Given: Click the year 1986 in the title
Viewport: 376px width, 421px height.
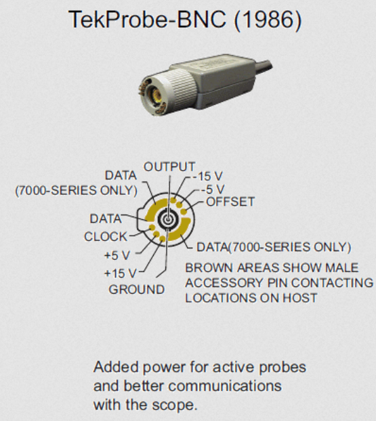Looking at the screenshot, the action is [268, 20].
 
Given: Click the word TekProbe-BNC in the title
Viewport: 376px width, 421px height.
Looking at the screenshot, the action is [147, 20].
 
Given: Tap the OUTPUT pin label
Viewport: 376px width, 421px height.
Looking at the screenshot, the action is [169, 167].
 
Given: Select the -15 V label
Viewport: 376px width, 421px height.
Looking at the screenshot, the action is [207, 177].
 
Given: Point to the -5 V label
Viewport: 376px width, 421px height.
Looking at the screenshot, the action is [213, 190].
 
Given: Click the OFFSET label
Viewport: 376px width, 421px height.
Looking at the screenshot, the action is [230, 202].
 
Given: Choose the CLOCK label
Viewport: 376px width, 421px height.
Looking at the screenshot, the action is [106, 236].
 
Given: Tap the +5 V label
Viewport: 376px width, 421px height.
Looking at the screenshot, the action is [117, 255].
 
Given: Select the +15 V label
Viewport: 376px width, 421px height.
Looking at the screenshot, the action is [120, 273].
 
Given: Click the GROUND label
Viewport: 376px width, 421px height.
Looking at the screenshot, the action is [137, 290].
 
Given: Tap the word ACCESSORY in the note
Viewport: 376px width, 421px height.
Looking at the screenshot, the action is [224, 283].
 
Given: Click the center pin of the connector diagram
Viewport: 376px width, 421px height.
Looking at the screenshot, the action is [168, 219].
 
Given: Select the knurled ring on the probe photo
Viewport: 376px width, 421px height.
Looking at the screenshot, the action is [181, 87].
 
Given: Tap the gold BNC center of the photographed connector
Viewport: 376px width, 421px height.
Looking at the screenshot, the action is [156, 95].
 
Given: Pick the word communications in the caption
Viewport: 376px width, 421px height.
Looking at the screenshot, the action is [225, 386].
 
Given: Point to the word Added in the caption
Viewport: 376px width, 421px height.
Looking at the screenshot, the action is [116, 367].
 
